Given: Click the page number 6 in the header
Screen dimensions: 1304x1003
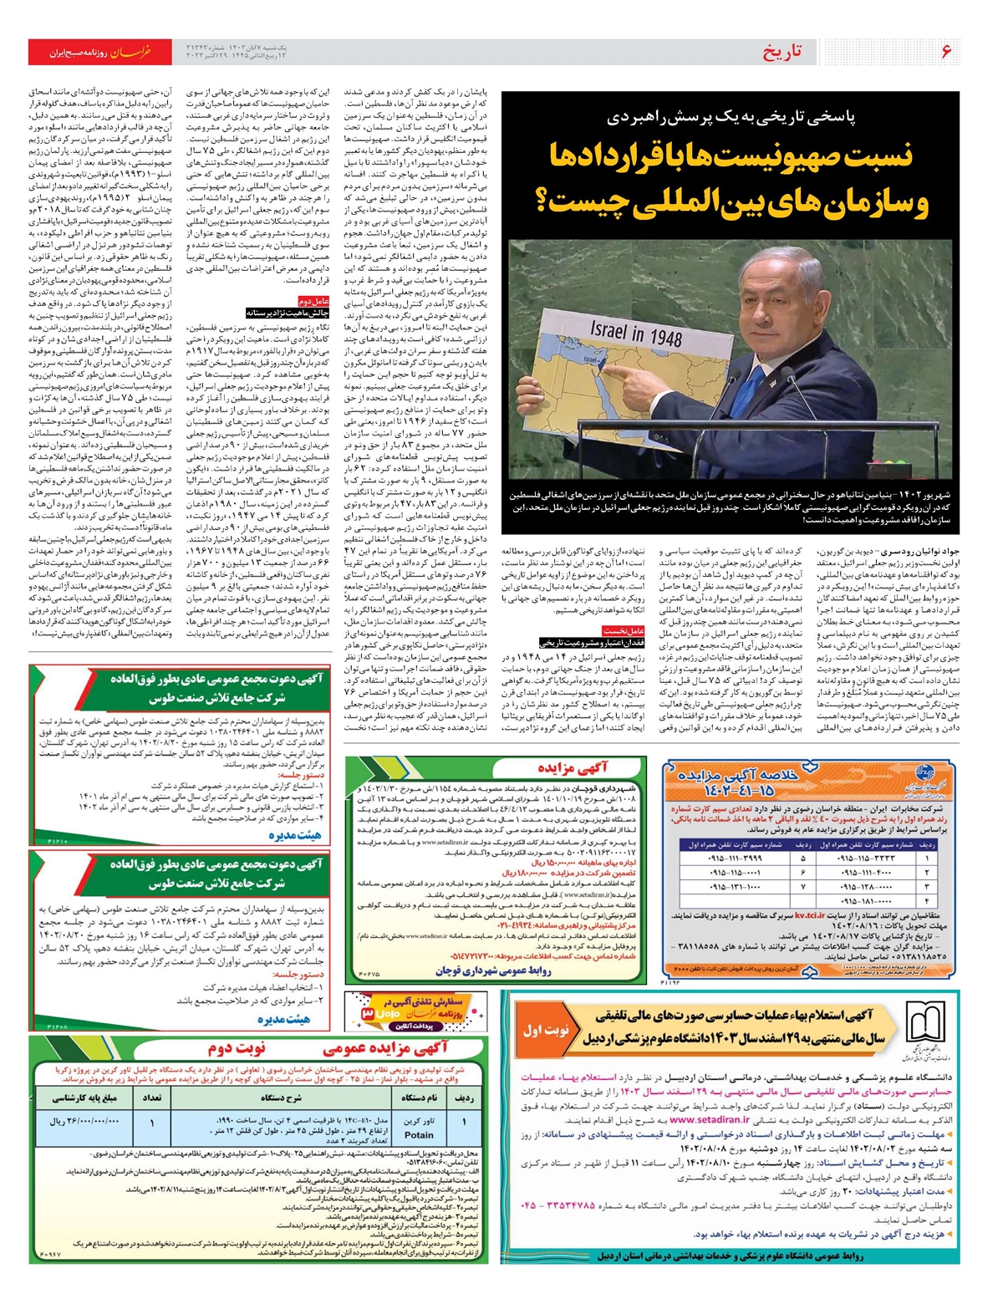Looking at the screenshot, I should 946,52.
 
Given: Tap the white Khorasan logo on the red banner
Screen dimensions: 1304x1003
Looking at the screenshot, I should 130,52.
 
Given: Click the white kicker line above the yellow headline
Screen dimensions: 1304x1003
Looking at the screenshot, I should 731,118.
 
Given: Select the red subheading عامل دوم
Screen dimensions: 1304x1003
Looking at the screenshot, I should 314,301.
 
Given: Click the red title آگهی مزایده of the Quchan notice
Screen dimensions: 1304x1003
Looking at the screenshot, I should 573,767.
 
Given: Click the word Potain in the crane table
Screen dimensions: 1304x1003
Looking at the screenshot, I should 419,1134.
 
